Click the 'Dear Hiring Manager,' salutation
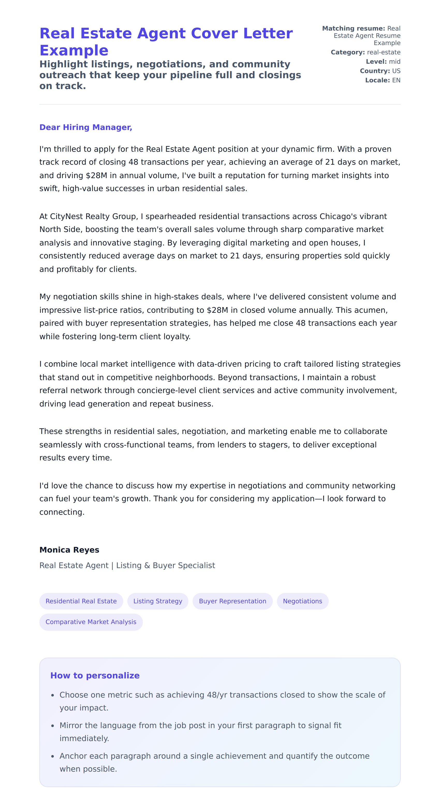click(x=86, y=127)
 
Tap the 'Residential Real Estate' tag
click(x=81, y=601)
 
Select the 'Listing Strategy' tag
click(x=158, y=601)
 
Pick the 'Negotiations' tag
click(x=302, y=601)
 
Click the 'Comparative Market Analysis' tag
click(x=91, y=622)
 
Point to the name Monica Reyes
click(x=69, y=550)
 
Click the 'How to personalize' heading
click(x=95, y=676)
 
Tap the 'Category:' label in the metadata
click(x=348, y=52)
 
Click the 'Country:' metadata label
click(x=375, y=71)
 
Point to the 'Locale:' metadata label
click(x=377, y=80)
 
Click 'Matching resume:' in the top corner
click(x=353, y=28)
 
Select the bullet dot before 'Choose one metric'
click(x=53, y=695)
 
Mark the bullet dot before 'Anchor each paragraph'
click(x=53, y=757)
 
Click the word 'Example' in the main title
click(x=74, y=50)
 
